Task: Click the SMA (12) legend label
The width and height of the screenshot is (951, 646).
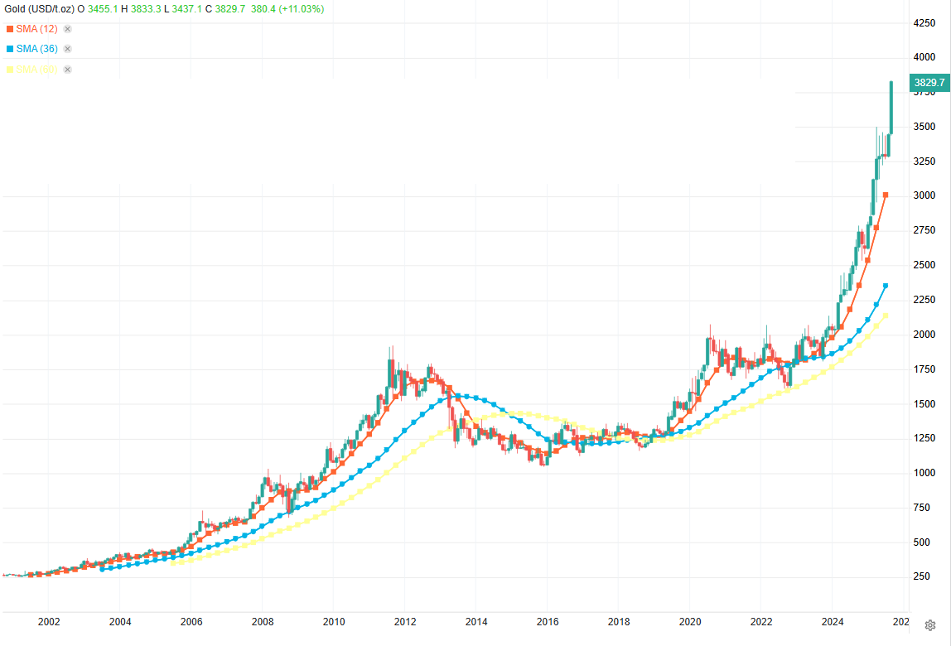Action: pyautogui.click(x=36, y=28)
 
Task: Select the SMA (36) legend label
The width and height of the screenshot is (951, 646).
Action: pyautogui.click(x=36, y=49)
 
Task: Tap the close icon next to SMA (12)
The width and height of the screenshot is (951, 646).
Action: pyautogui.click(x=68, y=28)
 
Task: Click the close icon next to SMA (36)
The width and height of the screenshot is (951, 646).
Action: pyautogui.click(x=68, y=49)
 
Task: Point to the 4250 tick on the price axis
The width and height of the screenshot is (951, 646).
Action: pyautogui.click(x=924, y=23)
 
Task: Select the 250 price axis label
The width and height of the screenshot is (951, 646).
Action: pyautogui.click(x=922, y=577)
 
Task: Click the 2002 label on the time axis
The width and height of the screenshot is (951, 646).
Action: pyautogui.click(x=49, y=621)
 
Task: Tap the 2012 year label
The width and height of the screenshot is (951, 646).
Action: pyautogui.click(x=405, y=621)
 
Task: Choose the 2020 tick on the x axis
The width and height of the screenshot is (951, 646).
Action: pyautogui.click(x=690, y=621)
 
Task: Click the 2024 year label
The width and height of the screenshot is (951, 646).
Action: pyautogui.click(x=833, y=621)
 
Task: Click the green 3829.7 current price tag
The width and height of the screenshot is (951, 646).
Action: pyautogui.click(x=929, y=83)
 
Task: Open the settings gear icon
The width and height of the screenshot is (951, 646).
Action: pyautogui.click(x=930, y=625)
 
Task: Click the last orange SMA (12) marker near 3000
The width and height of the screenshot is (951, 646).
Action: pyautogui.click(x=886, y=195)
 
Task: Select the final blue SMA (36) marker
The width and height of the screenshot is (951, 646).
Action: pyautogui.click(x=886, y=286)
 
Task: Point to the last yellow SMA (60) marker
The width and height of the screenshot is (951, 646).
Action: pyautogui.click(x=886, y=316)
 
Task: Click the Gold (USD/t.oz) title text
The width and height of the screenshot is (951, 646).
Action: pyautogui.click(x=38, y=8)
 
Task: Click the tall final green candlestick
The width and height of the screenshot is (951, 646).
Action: pyautogui.click(x=891, y=108)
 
